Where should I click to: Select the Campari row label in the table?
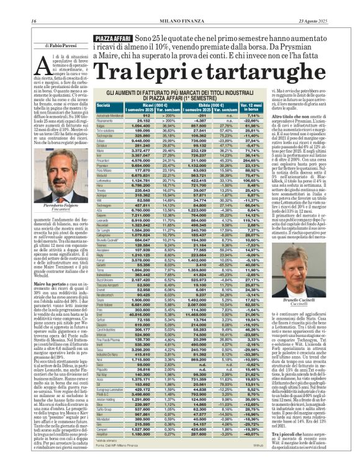pos(103,446)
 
